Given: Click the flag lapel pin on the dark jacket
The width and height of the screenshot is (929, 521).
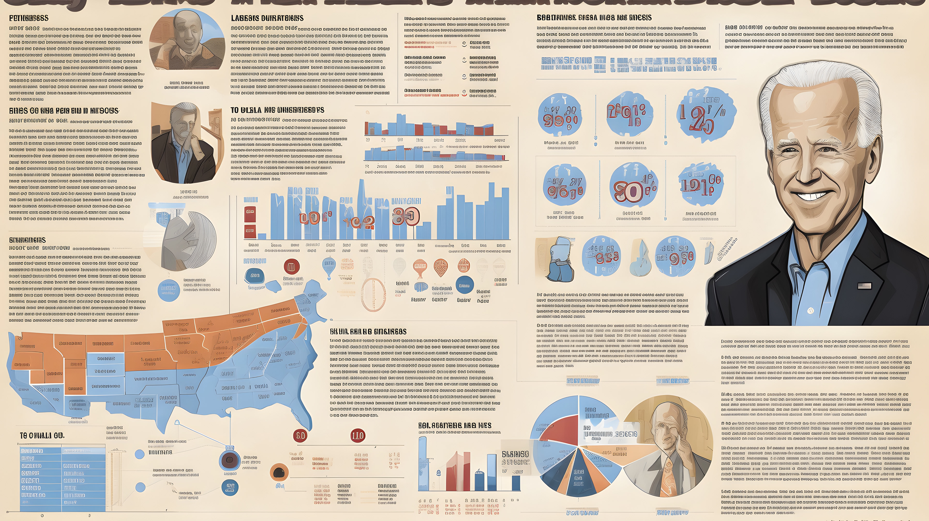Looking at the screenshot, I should (x=864, y=286).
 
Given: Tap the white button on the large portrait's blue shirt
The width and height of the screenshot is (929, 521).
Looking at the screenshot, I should (x=810, y=310).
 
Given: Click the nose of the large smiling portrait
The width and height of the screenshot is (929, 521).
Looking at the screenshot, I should (x=808, y=169).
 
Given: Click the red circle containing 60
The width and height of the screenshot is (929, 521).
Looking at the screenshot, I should (x=300, y=436).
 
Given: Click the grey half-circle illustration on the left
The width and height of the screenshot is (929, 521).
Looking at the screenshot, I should (x=189, y=240).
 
